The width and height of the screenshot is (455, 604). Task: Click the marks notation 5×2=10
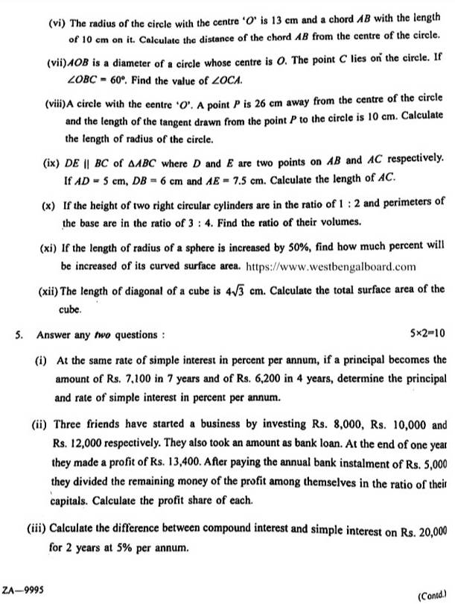[427, 333]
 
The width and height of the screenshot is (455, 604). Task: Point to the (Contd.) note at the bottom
[435, 595]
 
